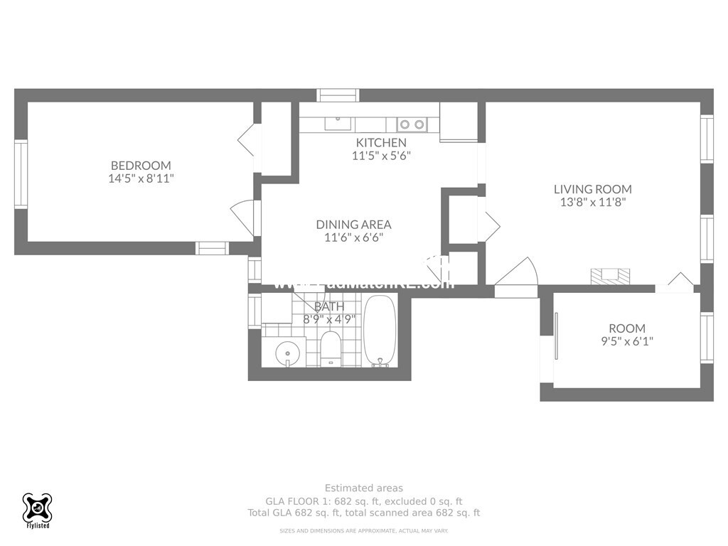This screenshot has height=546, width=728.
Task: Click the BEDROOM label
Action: coord(141,166)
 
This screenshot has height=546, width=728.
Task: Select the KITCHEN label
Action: coord(381,142)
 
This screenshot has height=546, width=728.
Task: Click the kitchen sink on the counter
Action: coord(338,124)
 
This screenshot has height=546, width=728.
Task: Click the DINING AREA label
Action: coord(353,224)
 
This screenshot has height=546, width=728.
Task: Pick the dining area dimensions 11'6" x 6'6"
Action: coord(353,238)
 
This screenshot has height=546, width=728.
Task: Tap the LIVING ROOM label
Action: coord(592,189)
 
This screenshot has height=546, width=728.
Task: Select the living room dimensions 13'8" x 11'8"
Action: coord(592,203)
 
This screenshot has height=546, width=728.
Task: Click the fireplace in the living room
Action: coord(611,277)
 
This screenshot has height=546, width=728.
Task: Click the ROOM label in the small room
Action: coord(627,328)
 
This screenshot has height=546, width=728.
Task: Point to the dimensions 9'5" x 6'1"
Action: coord(627,341)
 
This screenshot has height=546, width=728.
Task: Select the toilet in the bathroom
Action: coord(330,348)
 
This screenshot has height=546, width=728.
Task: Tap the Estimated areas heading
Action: coord(363,488)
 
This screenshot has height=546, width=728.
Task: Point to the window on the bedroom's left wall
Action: coord(21,174)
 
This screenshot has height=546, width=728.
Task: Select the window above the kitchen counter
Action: coord(338,95)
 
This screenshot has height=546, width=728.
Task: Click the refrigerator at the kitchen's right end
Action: coord(458,122)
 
